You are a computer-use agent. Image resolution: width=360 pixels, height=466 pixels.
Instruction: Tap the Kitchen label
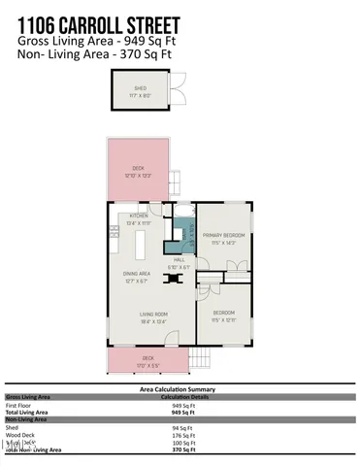[x=135, y=219]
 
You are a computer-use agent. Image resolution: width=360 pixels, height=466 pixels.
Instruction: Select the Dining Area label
[x=136, y=276]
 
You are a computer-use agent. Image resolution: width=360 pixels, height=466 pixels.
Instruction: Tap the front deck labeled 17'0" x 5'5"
[x=147, y=360]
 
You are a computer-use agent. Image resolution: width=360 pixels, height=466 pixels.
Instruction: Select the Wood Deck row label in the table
[x=20, y=434]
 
